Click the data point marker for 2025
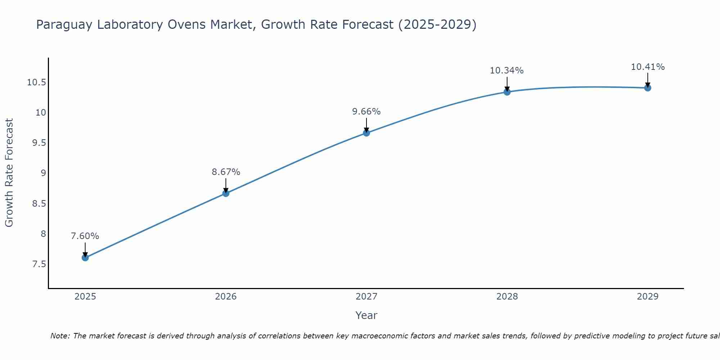[x=85, y=258]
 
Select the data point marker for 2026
[x=226, y=193]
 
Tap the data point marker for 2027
[x=366, y=133]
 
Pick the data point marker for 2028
[x=507, y=92]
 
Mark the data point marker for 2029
[x=648, y=88]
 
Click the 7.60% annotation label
[x=85, y=236]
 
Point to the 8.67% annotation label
[x=226, y=172]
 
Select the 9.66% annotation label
[x=366, y=112]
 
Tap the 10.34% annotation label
[x=507, y=71]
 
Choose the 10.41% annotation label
[x=648, y=67]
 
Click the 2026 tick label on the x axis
[x=226, y=297]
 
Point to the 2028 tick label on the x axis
[x=507, y=297]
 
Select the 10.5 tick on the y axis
[x=37, y=82]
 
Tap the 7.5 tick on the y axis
[x=39, y=264]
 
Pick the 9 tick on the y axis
[x=44, y=173]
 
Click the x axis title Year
[x=366, y=315]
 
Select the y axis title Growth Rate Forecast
[x=9, y=173]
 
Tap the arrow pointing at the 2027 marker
[x=366, y=125]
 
